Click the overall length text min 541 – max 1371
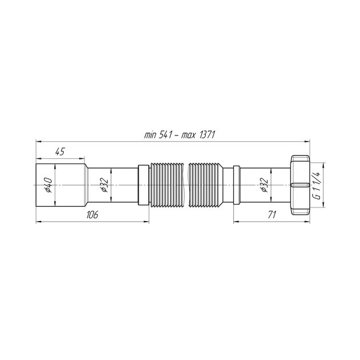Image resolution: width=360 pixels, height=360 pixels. click(x=179, y=135)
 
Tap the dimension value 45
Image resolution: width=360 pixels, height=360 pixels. click(x=60, y=152)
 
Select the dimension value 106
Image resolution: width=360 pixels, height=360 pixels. click(x=92, y=215)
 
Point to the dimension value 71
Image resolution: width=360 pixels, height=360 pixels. click(x=271, y=215)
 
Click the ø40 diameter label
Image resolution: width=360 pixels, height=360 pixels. click(x=49, y=185)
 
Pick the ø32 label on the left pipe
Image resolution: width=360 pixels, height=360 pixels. click(x=104, y=185)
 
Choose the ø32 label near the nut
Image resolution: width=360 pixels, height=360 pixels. click(x=264, y=185)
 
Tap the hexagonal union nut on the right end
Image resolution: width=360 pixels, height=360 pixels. click(x=300, y=185)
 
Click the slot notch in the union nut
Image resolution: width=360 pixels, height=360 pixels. click(x=299, y=185)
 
